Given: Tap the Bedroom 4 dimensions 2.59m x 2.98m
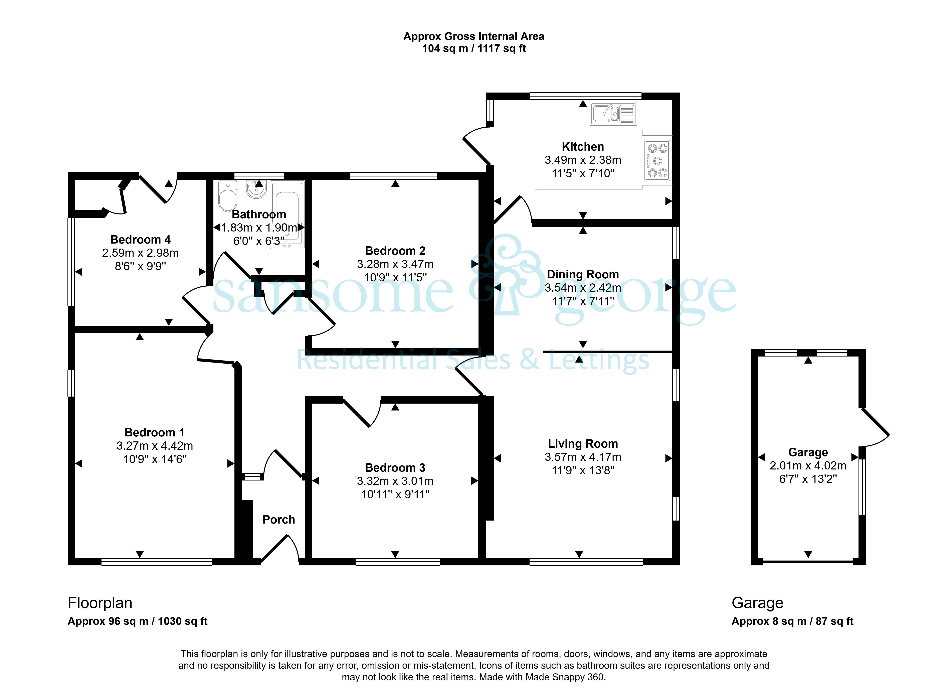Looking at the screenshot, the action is pyautogui.click(x=140, y=253).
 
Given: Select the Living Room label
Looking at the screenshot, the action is pyautogui.click(x=583, y=444).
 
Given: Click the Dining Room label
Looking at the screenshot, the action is pyautogui.click(x=583, y=274).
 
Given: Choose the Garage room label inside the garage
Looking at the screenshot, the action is pyautogui.click(x=808, y=452).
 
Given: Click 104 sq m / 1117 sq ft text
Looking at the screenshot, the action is pyautogui.click(x=474, y=49).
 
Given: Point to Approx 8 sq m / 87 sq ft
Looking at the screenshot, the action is pyautogui.click(x=792, y=621).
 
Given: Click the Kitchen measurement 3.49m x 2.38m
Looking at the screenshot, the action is pyautogui.click(x=583, y=160).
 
